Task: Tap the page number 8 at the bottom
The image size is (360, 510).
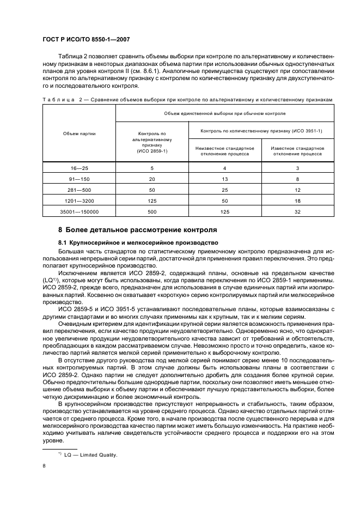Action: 44,466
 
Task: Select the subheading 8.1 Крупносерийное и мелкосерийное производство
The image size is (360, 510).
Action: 138,242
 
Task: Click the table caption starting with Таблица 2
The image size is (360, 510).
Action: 188,99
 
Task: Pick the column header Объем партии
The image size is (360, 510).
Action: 79,133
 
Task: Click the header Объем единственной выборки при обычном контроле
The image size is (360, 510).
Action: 224,113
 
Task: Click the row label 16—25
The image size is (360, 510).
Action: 79,168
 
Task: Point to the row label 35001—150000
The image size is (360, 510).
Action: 79,212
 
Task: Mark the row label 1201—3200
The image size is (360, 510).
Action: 79,201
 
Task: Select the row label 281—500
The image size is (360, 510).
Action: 79,190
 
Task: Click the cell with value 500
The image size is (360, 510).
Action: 152,212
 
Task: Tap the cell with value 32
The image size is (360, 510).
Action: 297,212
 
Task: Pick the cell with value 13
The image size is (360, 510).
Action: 224,179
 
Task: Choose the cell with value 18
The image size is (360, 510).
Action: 297,201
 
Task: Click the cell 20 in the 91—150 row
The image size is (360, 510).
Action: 152,179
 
